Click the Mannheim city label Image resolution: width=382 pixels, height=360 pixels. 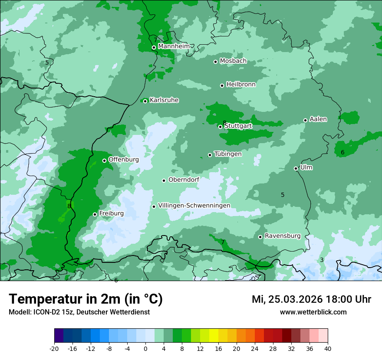point(174,46)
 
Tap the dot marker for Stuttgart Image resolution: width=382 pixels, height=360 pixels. point(221,127)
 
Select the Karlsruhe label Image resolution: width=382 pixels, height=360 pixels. point(164,100)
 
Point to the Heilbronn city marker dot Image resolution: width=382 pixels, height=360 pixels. point(222,85)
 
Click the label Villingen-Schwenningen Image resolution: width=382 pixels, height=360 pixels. point(194,206)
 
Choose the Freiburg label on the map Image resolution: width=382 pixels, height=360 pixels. point(111,213)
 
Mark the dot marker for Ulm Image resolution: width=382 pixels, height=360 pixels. point(296,168)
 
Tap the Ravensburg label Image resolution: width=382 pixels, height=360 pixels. point(283,236)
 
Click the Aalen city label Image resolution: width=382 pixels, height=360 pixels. point(318,119)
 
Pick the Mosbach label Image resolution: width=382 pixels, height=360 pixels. point(233,61)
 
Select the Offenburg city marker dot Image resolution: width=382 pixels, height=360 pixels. point(104,160)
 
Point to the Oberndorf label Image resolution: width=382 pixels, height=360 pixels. point(184,180)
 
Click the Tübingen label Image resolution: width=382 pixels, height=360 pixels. point(228,154)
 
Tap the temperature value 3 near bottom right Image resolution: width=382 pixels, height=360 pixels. point(322,260)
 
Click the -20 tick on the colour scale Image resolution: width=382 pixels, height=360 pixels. point(54,348)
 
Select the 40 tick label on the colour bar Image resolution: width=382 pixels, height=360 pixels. point(327,348)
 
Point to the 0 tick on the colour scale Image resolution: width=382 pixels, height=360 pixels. point(145,348)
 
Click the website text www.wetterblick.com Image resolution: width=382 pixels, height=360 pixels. point(313,312)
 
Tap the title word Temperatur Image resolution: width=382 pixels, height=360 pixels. point(43,299)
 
